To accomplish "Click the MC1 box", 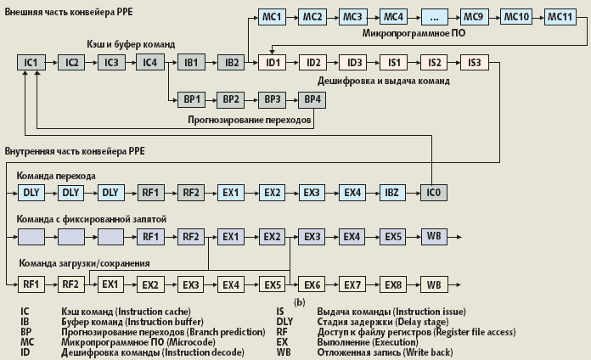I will [x=273, y=16].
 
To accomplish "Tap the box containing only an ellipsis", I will [x=434, y=16].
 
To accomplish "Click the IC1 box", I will [x=31, y=62].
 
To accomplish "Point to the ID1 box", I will [x=273, y=62].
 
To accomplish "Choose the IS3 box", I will [x=474, y=62].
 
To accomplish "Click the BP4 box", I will [x=312, y=99].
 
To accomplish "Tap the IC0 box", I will [x=433, y=193].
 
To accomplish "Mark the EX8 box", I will [x=393, y=284].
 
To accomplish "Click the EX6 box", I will [x=312, y=284].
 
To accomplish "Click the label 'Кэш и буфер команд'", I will [x=130, y=42].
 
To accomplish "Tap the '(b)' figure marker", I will [x=299, y=301].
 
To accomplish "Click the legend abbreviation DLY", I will [x=284, y=321].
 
